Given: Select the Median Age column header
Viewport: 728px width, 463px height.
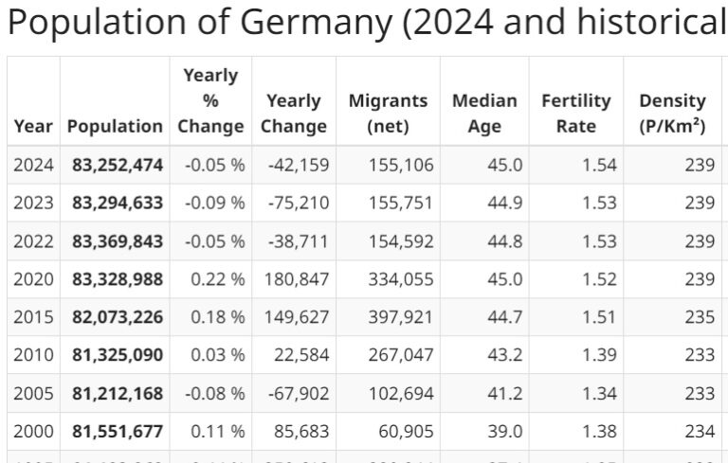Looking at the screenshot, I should click(483, 114).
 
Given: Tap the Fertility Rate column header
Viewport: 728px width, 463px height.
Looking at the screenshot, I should click(575, 114).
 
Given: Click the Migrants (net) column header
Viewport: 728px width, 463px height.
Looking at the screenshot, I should click(388, 114).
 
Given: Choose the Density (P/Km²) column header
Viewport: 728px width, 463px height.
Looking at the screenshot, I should click(672, 114).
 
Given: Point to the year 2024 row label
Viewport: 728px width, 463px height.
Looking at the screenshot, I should click(33, 165).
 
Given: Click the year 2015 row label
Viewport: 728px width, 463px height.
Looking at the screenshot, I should click(33, 317).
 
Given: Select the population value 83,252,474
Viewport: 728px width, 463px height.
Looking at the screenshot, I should click(118, 165).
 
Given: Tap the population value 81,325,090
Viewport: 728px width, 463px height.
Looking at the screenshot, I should click(118, 355).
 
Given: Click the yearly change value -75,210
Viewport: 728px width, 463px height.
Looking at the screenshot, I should click(299, 203).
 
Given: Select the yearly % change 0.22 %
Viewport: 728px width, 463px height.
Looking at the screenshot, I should click(214, 279).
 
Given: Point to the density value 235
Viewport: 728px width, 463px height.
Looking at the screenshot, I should click(699, 317).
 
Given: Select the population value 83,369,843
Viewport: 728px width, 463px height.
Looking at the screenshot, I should click(118, 240).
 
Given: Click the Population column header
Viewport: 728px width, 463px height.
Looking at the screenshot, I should click(115, 126).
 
